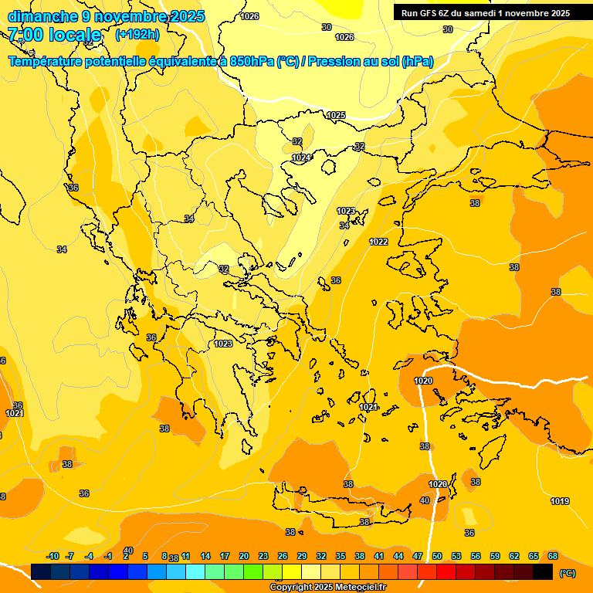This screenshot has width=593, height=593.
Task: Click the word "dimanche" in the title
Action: [42, 16]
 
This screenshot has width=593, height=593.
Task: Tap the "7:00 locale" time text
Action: [55, 35]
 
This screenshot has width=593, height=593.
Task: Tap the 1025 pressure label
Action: [336, 115]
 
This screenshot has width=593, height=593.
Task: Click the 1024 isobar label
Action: [301, 158]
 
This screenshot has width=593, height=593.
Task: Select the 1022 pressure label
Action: [378, 242]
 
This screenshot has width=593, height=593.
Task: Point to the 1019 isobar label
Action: [560, 502]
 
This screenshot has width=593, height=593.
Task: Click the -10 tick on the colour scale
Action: [53, 556]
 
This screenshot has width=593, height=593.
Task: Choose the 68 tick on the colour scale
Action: [553, 556]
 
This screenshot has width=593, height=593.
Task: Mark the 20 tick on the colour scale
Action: [244, 556]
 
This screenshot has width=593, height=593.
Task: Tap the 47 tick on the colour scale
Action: [418, 556]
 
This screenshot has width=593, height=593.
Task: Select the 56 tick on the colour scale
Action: [476, 556]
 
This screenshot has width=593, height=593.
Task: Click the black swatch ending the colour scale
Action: [543, 571]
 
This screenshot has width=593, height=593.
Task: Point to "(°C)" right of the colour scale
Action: [568, 573]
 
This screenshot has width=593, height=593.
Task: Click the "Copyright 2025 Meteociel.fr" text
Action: [328, 587]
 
